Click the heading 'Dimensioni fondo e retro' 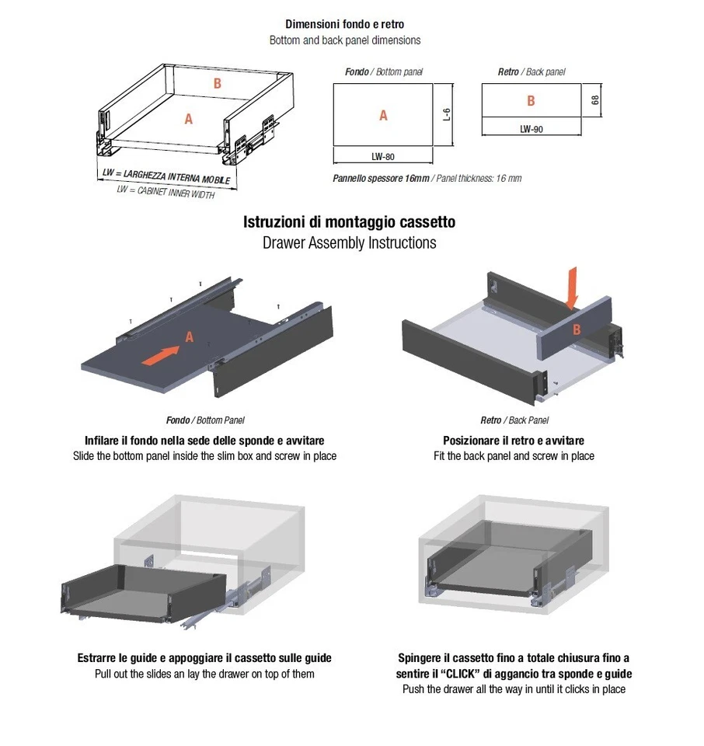(344, 25)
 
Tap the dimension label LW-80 (382, 157)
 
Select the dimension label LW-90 (531, 130)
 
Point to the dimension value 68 (594, 100)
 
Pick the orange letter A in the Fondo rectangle (383, 116)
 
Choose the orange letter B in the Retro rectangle (531, 101)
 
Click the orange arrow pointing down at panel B (573, 287)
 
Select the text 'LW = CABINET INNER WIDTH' (166, 191)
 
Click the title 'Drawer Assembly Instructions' (349, 242)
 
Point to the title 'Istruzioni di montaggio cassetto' (349, 222)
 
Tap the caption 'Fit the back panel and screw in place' (514, 456)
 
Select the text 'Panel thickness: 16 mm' (479, 179)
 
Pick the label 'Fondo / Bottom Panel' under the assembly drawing (205, 420)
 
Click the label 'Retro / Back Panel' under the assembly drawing (514, 420)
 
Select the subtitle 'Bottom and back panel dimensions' (344, 40)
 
